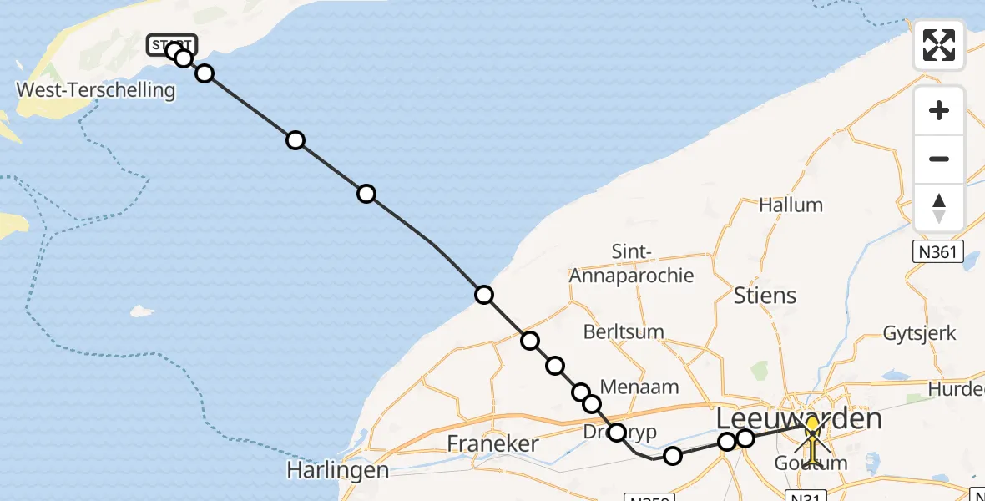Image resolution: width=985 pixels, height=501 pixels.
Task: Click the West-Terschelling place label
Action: [x=96, y=90]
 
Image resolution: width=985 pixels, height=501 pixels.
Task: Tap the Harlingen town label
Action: [x=337, y=470]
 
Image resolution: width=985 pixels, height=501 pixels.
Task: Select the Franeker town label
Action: [x=492, y=443]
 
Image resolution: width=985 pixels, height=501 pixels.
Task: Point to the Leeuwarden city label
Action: [x=800, y=419]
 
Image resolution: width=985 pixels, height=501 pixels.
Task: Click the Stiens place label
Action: [x=765, y=295]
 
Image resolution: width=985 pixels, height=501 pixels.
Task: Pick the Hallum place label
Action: [x=791, y=205]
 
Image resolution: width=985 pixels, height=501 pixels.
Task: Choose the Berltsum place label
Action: [x=624, y=331]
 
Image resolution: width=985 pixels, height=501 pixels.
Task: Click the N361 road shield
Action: [x=938, y=252]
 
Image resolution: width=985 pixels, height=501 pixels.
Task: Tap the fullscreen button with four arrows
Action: [x=939, y=44]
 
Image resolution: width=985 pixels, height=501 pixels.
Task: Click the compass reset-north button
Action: [x=939, y=208]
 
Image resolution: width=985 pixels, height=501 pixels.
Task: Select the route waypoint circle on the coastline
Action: [x=484, y=294]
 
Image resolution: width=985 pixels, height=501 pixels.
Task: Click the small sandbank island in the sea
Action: [x=142, y=311]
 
